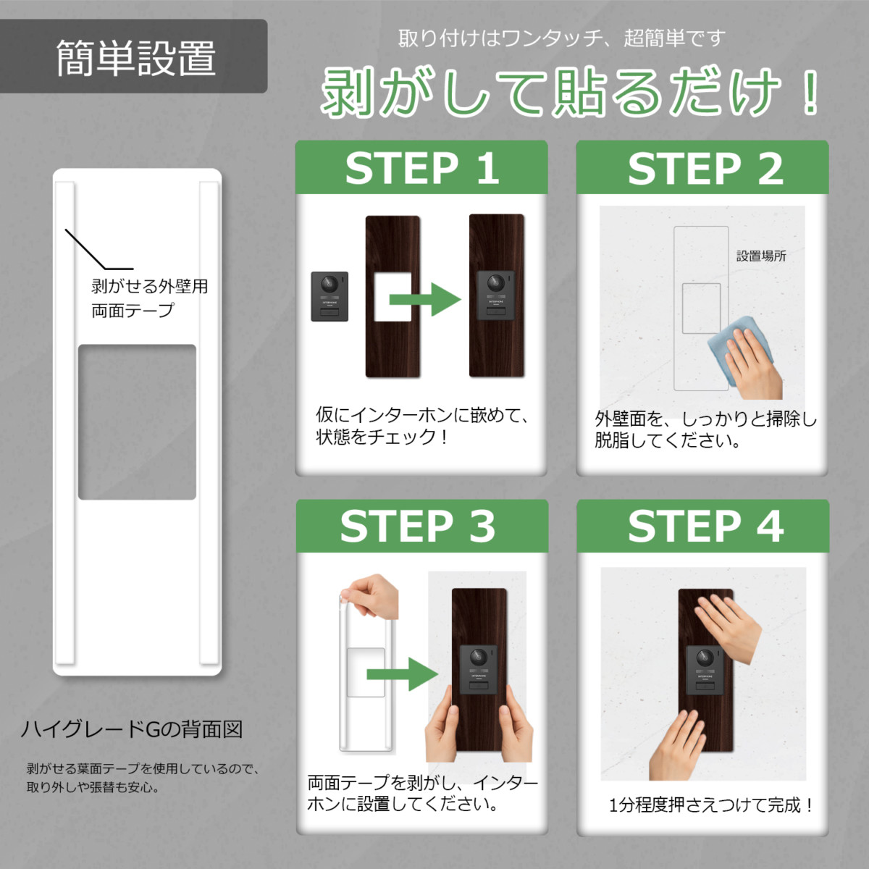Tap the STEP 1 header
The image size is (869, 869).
click(x=421, y=168)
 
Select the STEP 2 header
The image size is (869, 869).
click(x=703, y=168)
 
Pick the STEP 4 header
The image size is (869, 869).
click(x=703, y=526)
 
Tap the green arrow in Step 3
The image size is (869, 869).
click(x=402, y=674)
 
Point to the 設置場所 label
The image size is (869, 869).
click(x=760, y=256)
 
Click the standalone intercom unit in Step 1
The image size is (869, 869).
click(x=329, y=296)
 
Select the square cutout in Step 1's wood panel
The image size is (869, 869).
click(x=392, y=297)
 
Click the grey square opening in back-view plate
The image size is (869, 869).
click(x=137, y=422)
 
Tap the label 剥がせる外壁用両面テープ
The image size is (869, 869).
click(x=149, y=298)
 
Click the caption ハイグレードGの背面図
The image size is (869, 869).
click(x=132, y=729)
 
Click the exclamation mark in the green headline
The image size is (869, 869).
click(x=810, y=93)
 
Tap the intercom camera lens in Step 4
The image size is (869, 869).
click(x=703, y=659)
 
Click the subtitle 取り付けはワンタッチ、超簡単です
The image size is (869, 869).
click(x=561, y=38)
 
